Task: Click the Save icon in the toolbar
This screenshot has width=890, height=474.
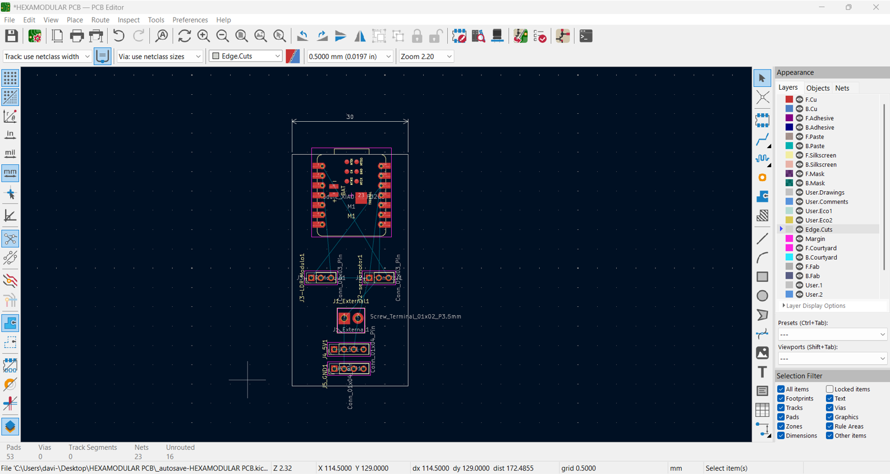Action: coord(11,36)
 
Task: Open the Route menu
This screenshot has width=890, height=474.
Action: coord(100,20)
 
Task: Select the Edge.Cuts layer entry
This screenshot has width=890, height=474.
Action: coord(818,229)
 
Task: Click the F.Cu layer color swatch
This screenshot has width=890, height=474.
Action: coord(789,99)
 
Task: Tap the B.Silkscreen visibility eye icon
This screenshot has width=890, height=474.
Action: coord(799,164)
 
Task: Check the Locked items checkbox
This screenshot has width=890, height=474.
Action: coord(829,389)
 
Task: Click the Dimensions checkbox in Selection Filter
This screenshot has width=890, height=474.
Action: coord(781,435)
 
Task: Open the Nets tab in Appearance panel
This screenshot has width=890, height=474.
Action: coord(842,88)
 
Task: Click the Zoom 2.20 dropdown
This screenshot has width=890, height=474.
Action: coord(426,56)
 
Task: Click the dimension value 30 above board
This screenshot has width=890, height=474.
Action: coord(350,117)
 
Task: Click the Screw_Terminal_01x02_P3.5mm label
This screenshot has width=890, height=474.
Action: coord(415,316)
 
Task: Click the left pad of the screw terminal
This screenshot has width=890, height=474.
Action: coord(344,319)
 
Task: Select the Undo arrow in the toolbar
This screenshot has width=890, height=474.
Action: coord(118,36)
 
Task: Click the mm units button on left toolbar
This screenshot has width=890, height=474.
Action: coord(10,173)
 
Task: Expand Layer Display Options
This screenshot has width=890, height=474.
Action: coord(815,306)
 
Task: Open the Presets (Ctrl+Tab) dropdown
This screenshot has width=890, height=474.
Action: coord(832,334)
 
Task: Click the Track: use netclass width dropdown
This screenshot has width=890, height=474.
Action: coord(47,56)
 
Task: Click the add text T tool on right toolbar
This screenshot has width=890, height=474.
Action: coord(762,371)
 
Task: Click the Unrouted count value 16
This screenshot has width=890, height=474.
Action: coord(169,457)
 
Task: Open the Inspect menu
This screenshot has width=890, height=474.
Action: coord(129,20)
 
